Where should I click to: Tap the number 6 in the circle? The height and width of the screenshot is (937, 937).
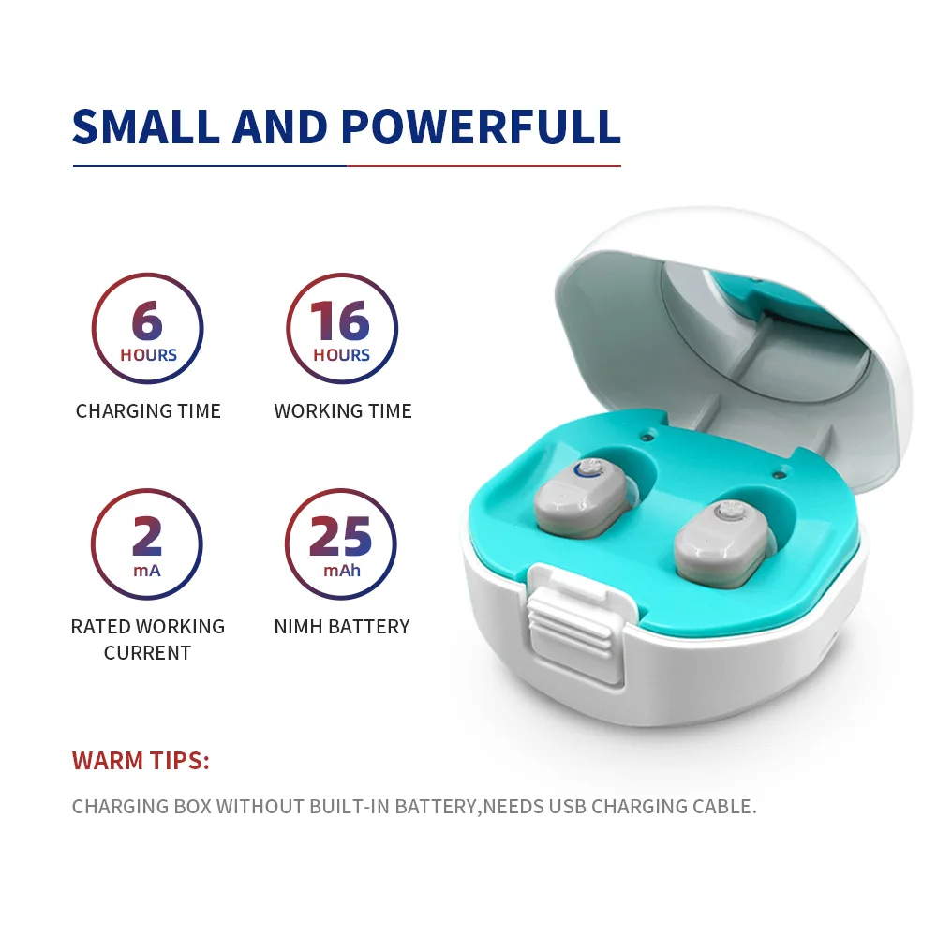click(147, 321)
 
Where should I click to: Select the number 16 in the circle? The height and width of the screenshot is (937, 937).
click(341, 321)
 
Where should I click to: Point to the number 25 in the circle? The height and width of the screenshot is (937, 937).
click(341, 537)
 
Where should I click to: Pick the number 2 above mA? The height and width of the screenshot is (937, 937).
click(147, 537)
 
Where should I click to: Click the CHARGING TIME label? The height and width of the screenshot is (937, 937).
click(148, 411)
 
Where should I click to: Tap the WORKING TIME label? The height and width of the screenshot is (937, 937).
click(343, 411)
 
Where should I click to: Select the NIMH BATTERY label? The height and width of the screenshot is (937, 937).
click(342, 627)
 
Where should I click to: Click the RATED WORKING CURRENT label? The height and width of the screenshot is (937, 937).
click(148, 639)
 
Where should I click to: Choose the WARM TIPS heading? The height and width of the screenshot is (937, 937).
click(141, 761)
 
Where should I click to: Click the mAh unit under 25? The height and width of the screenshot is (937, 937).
click(341, 570)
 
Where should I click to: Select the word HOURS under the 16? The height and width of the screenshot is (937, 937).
click(341, 355)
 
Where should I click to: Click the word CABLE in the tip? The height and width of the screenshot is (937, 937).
click(721, 807)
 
